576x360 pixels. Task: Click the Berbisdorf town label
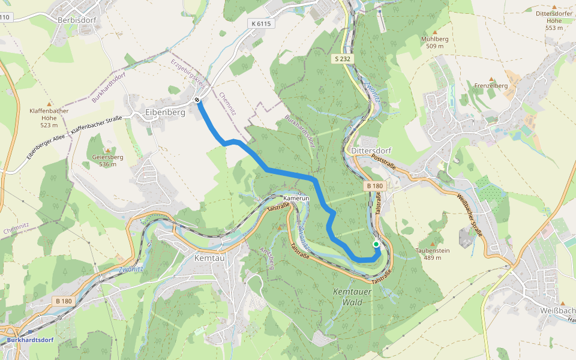tap(77, 20)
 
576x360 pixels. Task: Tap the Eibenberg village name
tap(165, 112)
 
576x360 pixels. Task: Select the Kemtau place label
tap(210, 257)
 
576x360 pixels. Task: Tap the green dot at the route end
tap(376, 244)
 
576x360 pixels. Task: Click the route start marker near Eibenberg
tap(197, 100)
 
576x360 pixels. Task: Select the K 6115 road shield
tap(261, 23)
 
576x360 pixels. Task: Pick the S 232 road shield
tap(343, 58)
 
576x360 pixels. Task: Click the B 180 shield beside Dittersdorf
tap(374, 186)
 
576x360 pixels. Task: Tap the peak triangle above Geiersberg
tap(108, 150)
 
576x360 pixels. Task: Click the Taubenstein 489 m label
tap(433, 254)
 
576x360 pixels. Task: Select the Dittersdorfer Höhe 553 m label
tap(554, 20)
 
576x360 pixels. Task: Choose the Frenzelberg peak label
tap(491, 86)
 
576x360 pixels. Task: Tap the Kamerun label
tap(296, 197)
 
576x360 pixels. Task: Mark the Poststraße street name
tap(383, 161)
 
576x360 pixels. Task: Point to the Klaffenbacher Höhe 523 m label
tap(49, 118)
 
